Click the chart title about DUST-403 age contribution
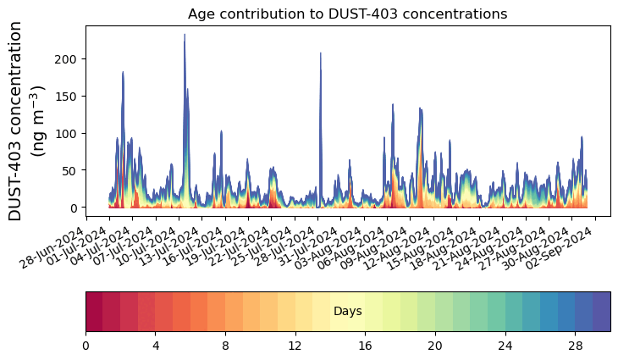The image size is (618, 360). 347,14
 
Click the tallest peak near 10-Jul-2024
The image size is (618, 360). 185,36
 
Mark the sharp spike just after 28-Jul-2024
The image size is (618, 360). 320,54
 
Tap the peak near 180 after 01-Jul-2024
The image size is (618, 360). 123,74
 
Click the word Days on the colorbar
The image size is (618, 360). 348,312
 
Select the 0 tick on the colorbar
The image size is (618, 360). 86,346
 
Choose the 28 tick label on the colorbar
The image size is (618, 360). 575,346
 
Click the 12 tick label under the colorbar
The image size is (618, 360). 295,346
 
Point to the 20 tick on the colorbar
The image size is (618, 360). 435,346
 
